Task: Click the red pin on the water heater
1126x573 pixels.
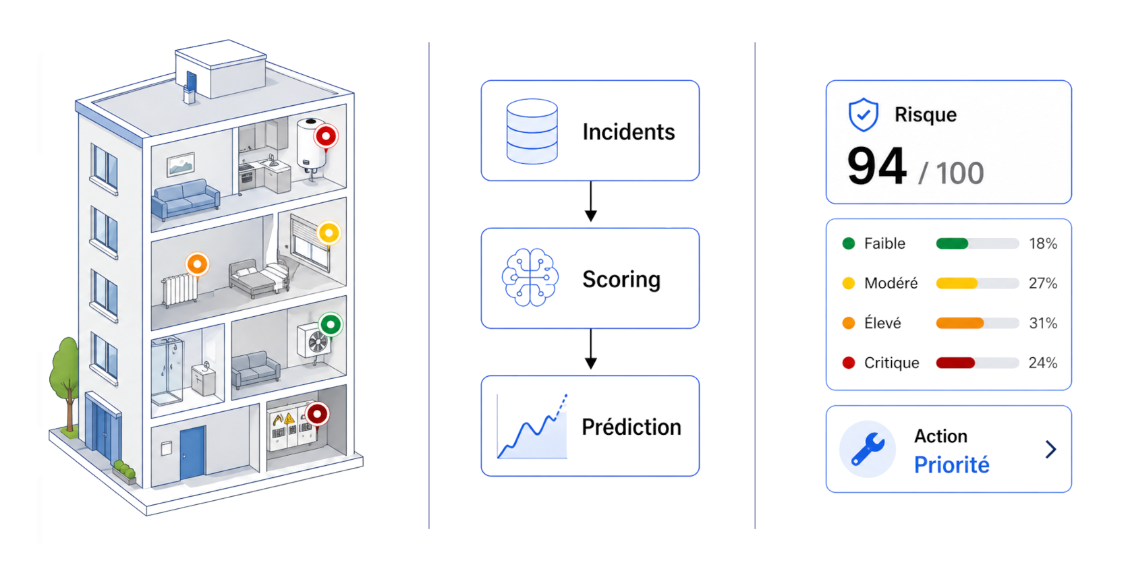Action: [x=326, y=137]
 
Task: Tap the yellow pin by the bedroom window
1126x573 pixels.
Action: [x=329, y=233]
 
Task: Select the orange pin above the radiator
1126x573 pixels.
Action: [x=197, y=264]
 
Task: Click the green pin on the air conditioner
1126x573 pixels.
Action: [x=331, y=325]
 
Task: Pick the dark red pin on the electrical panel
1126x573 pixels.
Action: [x=317, y=413]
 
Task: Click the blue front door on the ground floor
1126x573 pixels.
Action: [x=192, y=452]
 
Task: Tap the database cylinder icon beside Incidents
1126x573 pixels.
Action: [x=532, y=131]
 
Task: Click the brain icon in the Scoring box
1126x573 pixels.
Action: [x=530, y=278]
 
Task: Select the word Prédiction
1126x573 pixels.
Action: [x=631, y=427]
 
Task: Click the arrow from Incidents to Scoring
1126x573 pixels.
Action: [x=590, y=201]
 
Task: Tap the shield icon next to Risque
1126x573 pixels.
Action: [x=863, y=115]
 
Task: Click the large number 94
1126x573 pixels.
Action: [x=876, y=167]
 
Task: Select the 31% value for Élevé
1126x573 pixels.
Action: [x=1042, y=323]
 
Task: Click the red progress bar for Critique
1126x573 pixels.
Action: [x=955, y=363]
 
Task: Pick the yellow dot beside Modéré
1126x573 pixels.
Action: [x=849, y=283]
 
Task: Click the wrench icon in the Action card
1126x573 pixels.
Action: [x=868, y=449]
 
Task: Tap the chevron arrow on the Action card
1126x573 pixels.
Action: [x=1050, y=449]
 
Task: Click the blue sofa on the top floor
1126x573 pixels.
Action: [x=186, y=199]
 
